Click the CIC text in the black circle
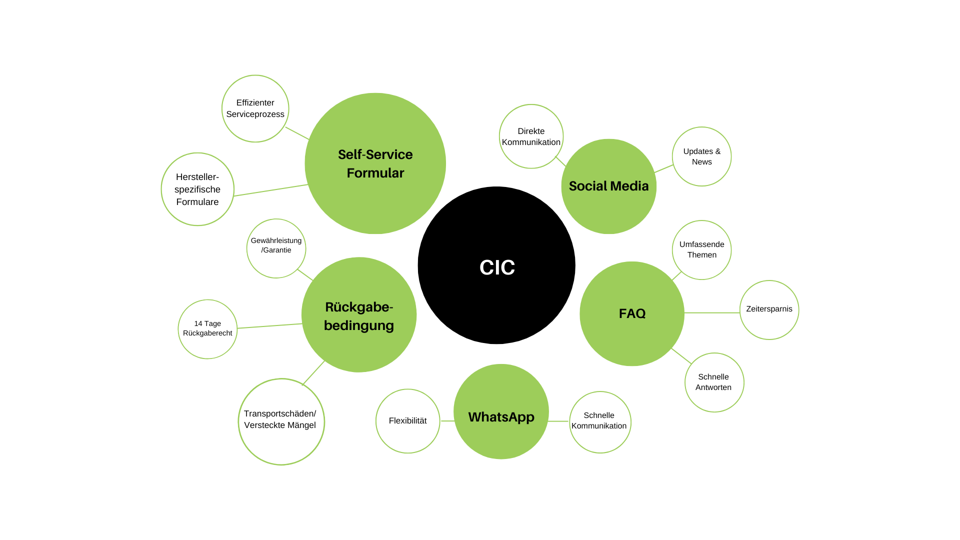pyautogui.click(x=497, y=267)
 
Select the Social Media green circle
pyautogui.click(x=608, y=186)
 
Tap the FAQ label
pyautogui.click(x=632, y=313)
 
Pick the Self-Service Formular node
pyautogui.click(x=375, y=163)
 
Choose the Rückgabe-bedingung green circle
pyautogui.click(x=359, y=315)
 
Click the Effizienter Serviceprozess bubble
pyautogui.click(x=255, y=108)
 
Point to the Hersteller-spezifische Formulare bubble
pyautogui.click(x=197, y=189)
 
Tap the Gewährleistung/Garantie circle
pyautogui.click(x=276, y=248)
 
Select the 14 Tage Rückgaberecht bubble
pyautogui.click(x=207, y=329)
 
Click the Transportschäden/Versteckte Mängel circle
pyautogui.click(x=281, y=421)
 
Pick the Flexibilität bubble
pyautogui.click(x=407, y=421)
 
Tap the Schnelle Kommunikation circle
pyautogui.click(x=600, y=422)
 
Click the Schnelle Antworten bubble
pyautogui.click(x=714, y=382)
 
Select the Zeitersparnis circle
pyautogui.click(x=769, y=310)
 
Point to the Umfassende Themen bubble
pyautogui.click(x=701, y=250)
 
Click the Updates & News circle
pyautogui.click(x=701, y=156)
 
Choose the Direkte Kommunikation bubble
pyautogui.click(x=531, y=136)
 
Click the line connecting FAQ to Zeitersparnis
pyautogui.click(x=712, y=312)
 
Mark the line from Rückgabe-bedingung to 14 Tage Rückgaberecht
pyautogui.click(x=270, y=326)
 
